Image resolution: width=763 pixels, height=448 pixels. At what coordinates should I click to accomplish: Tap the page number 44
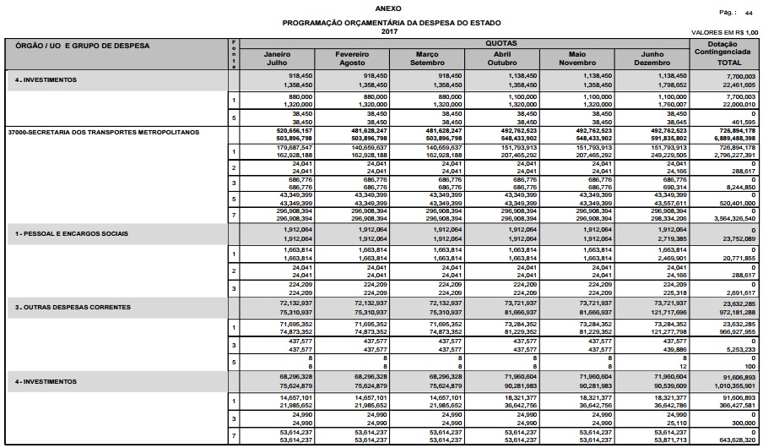pyautogui.click(x=748, y=14)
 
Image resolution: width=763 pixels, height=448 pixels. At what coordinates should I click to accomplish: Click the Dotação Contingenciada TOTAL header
pyautogui.click(x=728, y=53)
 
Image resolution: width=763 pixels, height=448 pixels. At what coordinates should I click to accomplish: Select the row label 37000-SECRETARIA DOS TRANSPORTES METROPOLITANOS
pyautogui.click(x=102, y=133)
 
